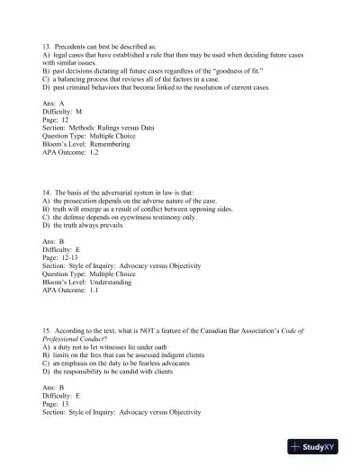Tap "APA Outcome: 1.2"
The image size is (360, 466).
tap(75, 152)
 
